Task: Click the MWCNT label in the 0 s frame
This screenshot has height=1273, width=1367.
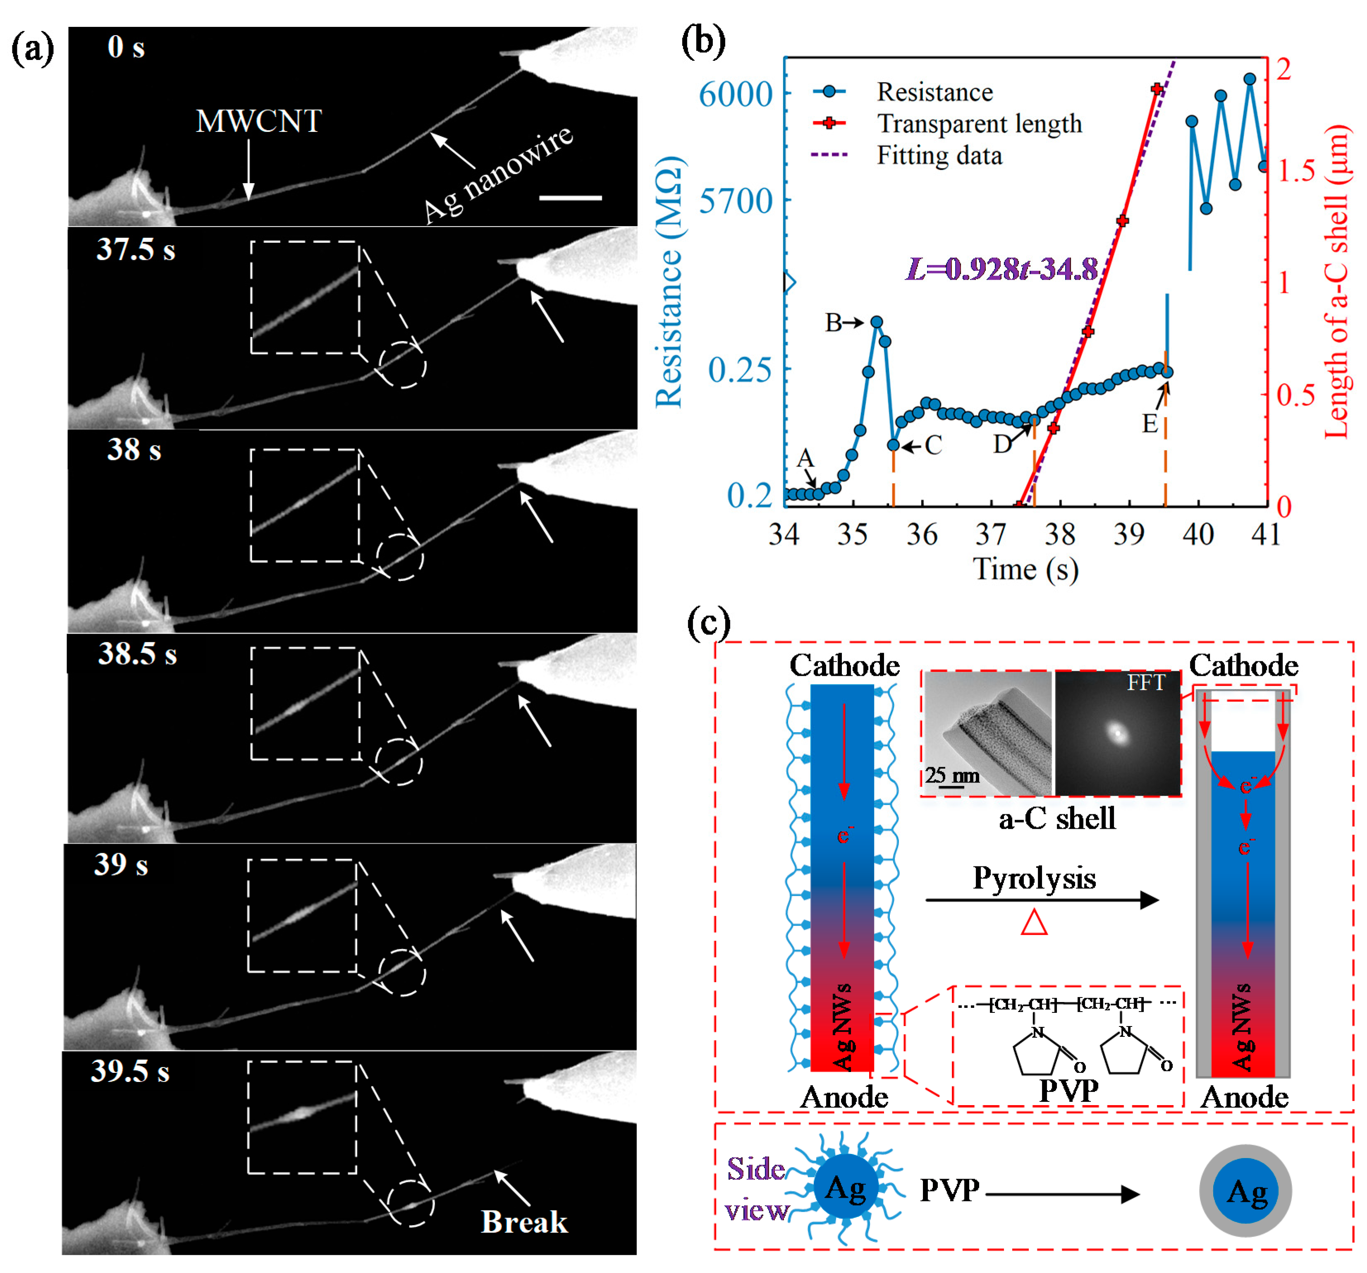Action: coord(258,121)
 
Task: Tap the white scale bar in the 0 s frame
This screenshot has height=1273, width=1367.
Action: coord(570,198)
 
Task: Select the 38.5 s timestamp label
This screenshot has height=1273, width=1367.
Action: coord(138,653)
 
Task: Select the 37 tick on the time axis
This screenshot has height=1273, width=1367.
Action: coord(991,534)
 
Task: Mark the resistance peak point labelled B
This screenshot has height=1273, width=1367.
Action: coord(876,321)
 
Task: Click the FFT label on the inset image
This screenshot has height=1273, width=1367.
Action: coord(1146,682)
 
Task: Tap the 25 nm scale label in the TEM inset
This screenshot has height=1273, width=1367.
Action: coord(952,775)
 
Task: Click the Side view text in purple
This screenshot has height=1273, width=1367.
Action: coord(756,1190)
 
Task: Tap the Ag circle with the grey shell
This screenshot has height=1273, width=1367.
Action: coord(1245,1190)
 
